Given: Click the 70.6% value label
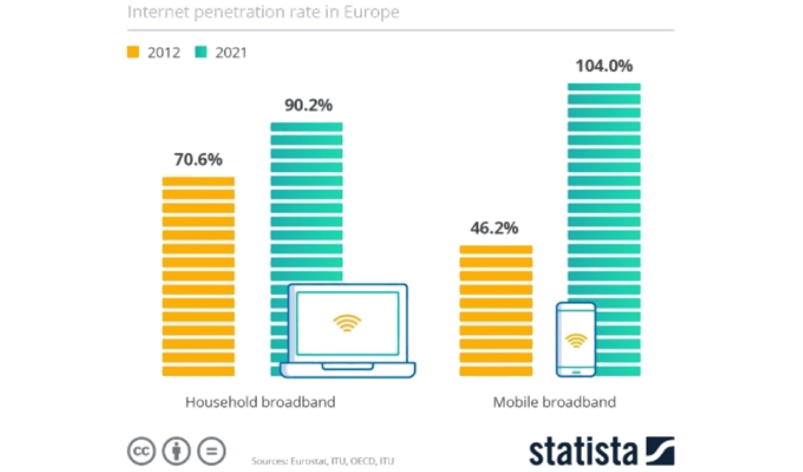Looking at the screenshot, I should [x=198, y=160].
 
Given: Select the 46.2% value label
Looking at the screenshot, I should [x=495, y=229].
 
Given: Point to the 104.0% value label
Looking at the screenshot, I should [x=604, y=67].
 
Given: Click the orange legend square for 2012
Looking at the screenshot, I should [x=132, y=51].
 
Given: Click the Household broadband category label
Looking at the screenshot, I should [x=260, y=402].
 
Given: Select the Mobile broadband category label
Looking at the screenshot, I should [x=554, y=402].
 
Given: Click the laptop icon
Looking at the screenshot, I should [x=347, y=331].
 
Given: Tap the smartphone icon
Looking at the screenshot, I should [x=575, y=339].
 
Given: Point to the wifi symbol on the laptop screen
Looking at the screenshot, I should [x=346, y=324].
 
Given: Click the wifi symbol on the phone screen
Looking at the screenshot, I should [x=575, y=341].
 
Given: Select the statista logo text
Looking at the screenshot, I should [x=582, y=451].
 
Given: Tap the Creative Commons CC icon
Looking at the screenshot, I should [x=141, y=451].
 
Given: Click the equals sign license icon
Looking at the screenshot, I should [x=212, y=451].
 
